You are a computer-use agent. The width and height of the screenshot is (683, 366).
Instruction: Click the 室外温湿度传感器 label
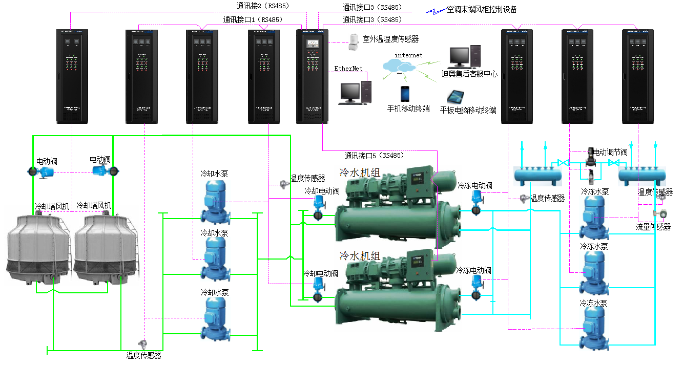coord(390,39)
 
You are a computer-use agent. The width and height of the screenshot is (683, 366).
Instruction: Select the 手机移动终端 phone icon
coord(405,94)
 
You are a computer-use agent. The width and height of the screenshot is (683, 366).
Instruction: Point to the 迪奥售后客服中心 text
coord(469,74)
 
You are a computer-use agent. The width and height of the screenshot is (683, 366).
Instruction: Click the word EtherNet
coord(348,69)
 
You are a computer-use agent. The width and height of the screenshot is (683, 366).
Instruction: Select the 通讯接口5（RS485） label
coord(374,155)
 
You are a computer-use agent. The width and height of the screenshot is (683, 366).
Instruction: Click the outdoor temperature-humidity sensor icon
coord(353,42)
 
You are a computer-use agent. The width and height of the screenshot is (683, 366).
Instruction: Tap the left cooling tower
coord(37,248)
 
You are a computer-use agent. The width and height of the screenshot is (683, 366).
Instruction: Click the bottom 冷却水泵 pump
coord(215,318)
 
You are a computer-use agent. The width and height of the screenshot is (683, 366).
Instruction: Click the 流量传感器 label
coord(653,227)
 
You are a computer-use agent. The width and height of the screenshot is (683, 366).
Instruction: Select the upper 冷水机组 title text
coord(360,173)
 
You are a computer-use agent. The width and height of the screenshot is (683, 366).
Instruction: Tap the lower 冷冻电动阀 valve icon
coord(476,288)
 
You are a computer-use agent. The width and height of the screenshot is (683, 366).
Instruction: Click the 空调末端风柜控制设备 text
coord(482,9)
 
